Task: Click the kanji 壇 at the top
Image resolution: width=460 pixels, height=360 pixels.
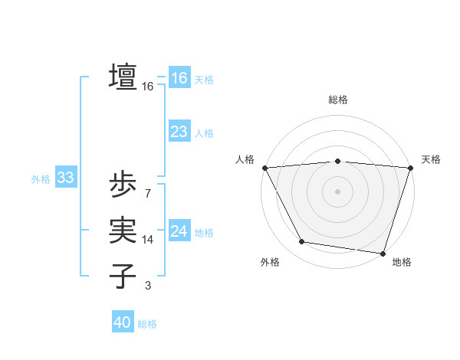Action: [123, 77]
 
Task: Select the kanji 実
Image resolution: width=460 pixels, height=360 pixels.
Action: [123, 230]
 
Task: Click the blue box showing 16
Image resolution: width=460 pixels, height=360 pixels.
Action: [179, 78]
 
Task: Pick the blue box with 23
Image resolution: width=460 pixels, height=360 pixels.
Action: [179, 132]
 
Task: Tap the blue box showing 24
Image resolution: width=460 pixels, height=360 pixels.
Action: [179, 231]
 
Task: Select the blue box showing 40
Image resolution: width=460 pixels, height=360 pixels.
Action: [123, 322]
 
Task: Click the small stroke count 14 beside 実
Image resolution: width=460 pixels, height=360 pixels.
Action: [148, 240]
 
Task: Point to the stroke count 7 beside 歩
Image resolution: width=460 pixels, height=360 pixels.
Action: [147, 194]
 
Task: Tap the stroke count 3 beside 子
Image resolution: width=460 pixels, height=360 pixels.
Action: [147, 286]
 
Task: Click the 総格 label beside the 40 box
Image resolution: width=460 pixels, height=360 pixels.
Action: [147, 324]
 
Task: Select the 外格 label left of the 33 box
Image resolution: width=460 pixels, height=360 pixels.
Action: [41, 179]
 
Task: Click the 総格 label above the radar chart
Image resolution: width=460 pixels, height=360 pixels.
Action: [337, 100]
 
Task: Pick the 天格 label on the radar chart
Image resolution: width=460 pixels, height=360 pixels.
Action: [431, 159]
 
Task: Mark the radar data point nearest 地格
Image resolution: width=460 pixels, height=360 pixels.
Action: [383, 253]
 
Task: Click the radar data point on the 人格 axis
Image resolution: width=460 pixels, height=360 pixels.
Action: [264, 167]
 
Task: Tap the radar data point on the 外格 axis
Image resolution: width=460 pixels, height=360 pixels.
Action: [302, 242]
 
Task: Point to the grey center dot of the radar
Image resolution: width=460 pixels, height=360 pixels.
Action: [337, 191]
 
